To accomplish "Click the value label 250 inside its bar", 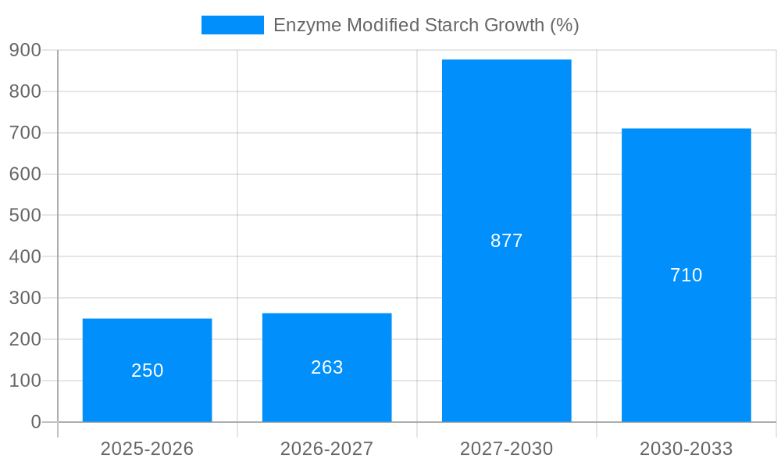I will click(147, 371).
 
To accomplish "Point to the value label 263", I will click(326, 367).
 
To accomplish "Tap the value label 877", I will click(506, 241).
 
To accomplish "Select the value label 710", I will click(686, 275).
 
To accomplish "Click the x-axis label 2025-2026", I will click(147, 449).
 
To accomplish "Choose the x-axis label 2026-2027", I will click(326, 449).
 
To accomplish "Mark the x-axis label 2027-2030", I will click(506, 449).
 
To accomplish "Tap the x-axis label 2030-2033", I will click(686, 449).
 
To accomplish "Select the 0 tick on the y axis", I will click(35, 422).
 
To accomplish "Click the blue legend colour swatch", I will click(232, 25).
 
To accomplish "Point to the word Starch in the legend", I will click(451, 25).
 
